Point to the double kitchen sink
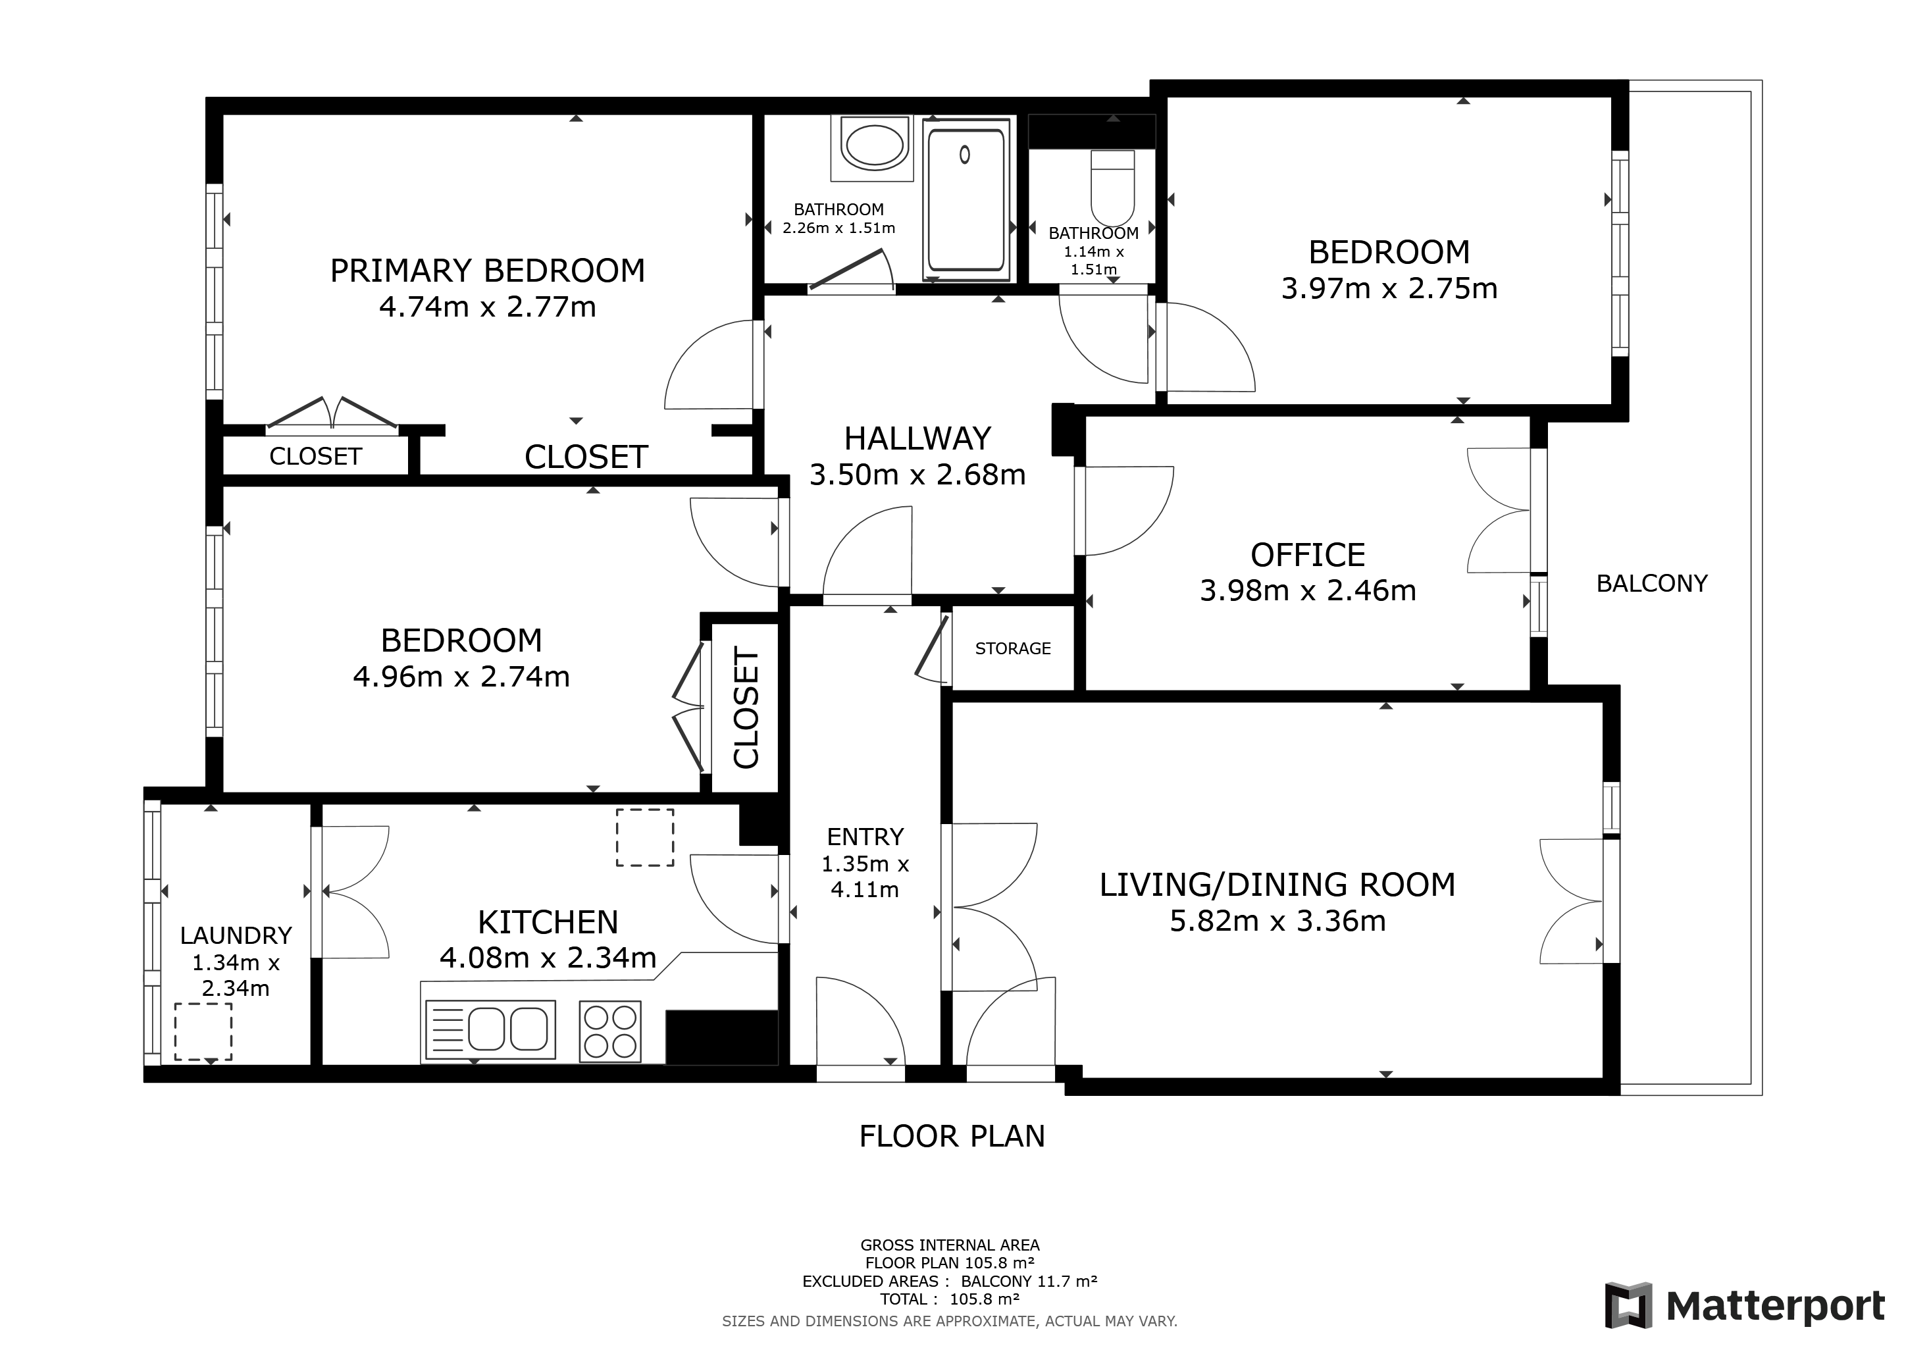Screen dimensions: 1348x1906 point(490,1029)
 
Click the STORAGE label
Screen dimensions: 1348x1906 point(1013,648)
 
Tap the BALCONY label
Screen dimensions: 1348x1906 point(1651,584)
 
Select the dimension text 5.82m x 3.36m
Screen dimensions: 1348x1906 point(1277,921)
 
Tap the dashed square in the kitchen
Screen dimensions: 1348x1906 point(644,837)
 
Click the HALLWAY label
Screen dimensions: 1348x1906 point(917,438)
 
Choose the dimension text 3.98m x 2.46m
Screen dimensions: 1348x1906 point(1308,590)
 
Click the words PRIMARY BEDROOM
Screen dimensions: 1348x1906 point(487,271)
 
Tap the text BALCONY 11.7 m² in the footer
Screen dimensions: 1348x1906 point(1029,1281)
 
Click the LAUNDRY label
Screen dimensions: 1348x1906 point(236,935)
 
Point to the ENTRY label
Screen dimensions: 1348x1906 point(865,836)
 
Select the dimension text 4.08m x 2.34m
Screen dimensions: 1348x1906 point(548,958)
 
